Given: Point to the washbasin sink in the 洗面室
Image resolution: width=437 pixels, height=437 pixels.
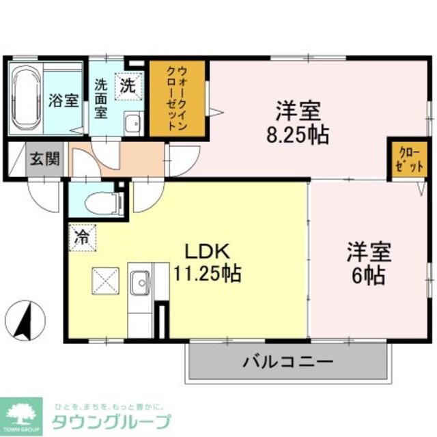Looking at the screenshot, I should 131,124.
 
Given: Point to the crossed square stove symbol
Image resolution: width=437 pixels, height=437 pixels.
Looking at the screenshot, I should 105,280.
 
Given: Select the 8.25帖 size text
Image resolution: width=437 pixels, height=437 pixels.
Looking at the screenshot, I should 298,132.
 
